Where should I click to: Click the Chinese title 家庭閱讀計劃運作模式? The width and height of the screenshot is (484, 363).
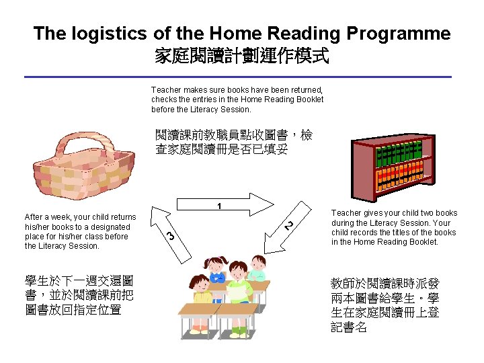point(242,56)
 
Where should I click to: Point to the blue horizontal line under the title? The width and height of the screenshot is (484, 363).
point(242,77)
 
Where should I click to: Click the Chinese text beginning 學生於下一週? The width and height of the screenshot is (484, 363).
point(78,295)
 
